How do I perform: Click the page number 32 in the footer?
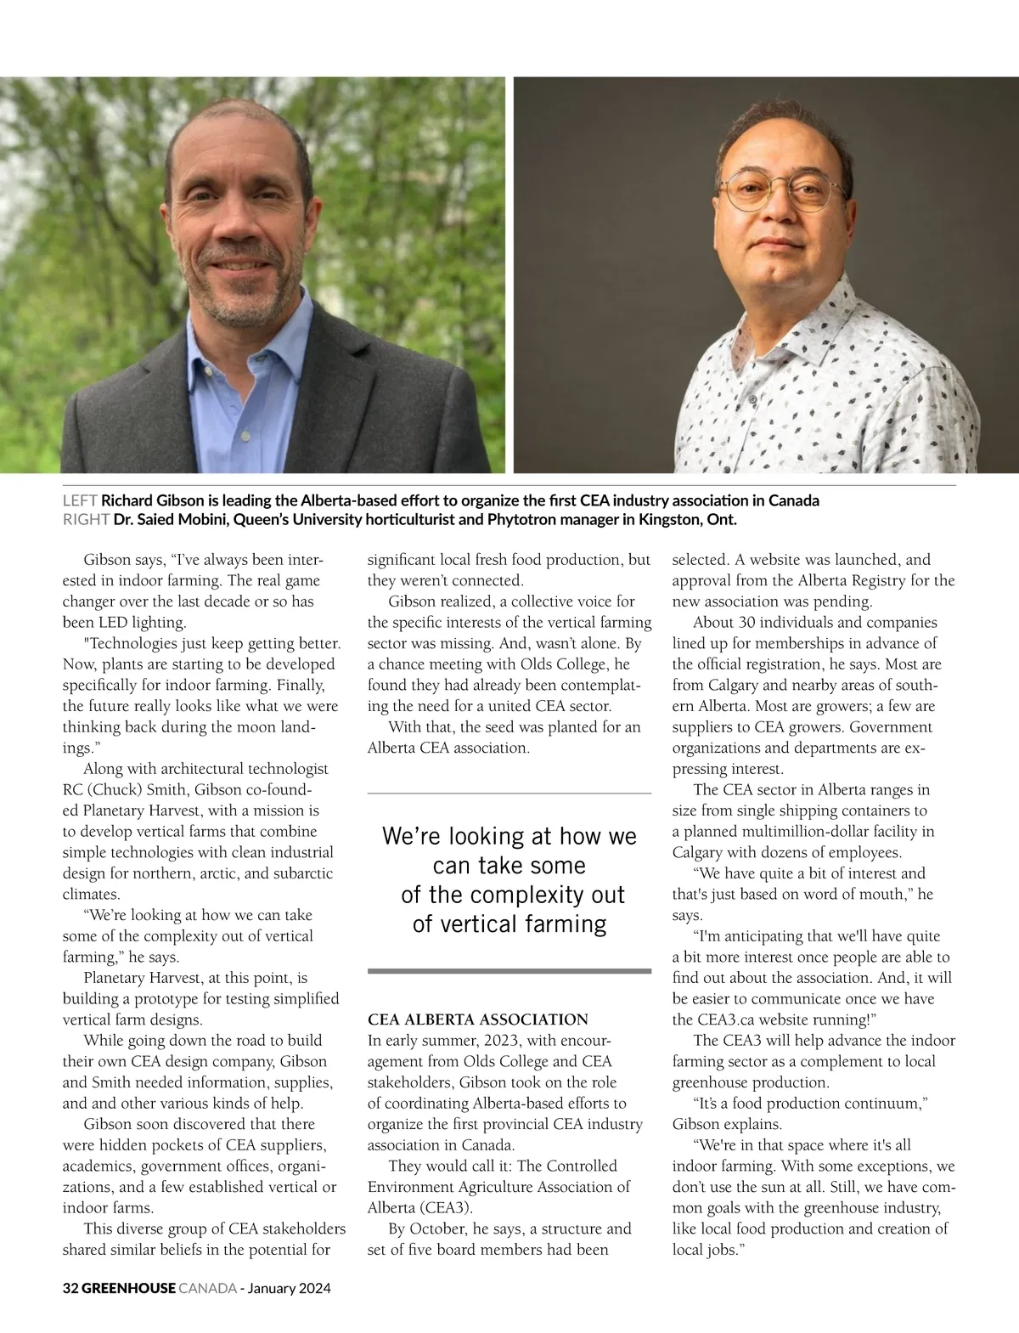pos(70,1288)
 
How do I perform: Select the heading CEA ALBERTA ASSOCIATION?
pos(477,1020)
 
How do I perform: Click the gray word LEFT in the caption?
pos(81,500)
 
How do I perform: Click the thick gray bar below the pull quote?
pos(509,970)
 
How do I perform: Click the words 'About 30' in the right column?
pos(721,623)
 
